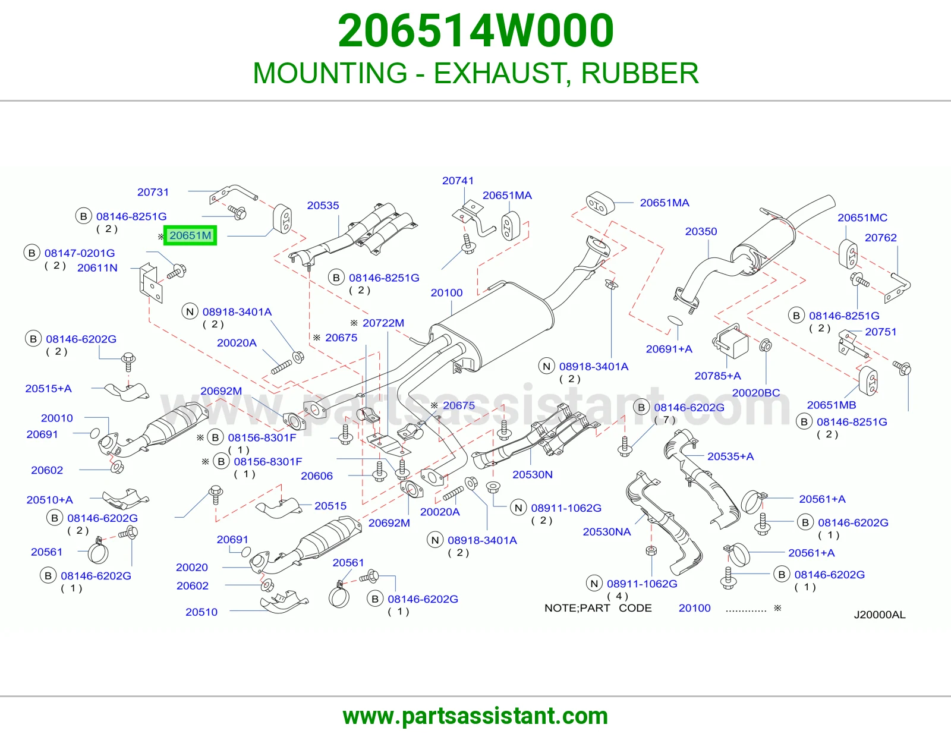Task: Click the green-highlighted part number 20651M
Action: pyautogui.click(x=190, y=235)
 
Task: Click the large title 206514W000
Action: pyautogui.click(x=475, y=31)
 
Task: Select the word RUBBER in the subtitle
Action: pyautogui.click(x=640, y=73)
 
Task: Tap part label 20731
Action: pyautogui.click(x=153, y=192)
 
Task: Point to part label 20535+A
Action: pyautogui.click(x=730, y=456)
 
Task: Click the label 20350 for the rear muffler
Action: pyautogui.click(x=701, y=232)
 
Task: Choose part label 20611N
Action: pyautogui.click(x=97, y=268)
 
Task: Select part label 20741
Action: pyautogui.click(x=458, y=181)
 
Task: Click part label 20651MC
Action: pyautogui.click(x=862, y=218)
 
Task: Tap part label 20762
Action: pyautogui.click(x=880, y=238)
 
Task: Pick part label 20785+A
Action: pyautogui.click(x=718, y=376)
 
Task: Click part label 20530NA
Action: pyautogui.click(x=607, y=532)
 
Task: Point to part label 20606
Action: pyautogui.click(x=316, y=475)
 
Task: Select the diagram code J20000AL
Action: pyautogui.click(x=880, y=615)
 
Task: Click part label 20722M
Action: pyautogui.click(x=383, y=323)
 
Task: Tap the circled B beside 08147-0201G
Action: pyautogui.click(x=32, y=253)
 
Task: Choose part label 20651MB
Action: pyautogui.click(x=832, y=405)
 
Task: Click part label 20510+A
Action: pyautogui.click(x=49, y=500)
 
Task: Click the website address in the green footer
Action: pyautogui.click(x=475, y=716)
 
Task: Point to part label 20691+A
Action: pyautogui.click(x=669, y=349)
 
